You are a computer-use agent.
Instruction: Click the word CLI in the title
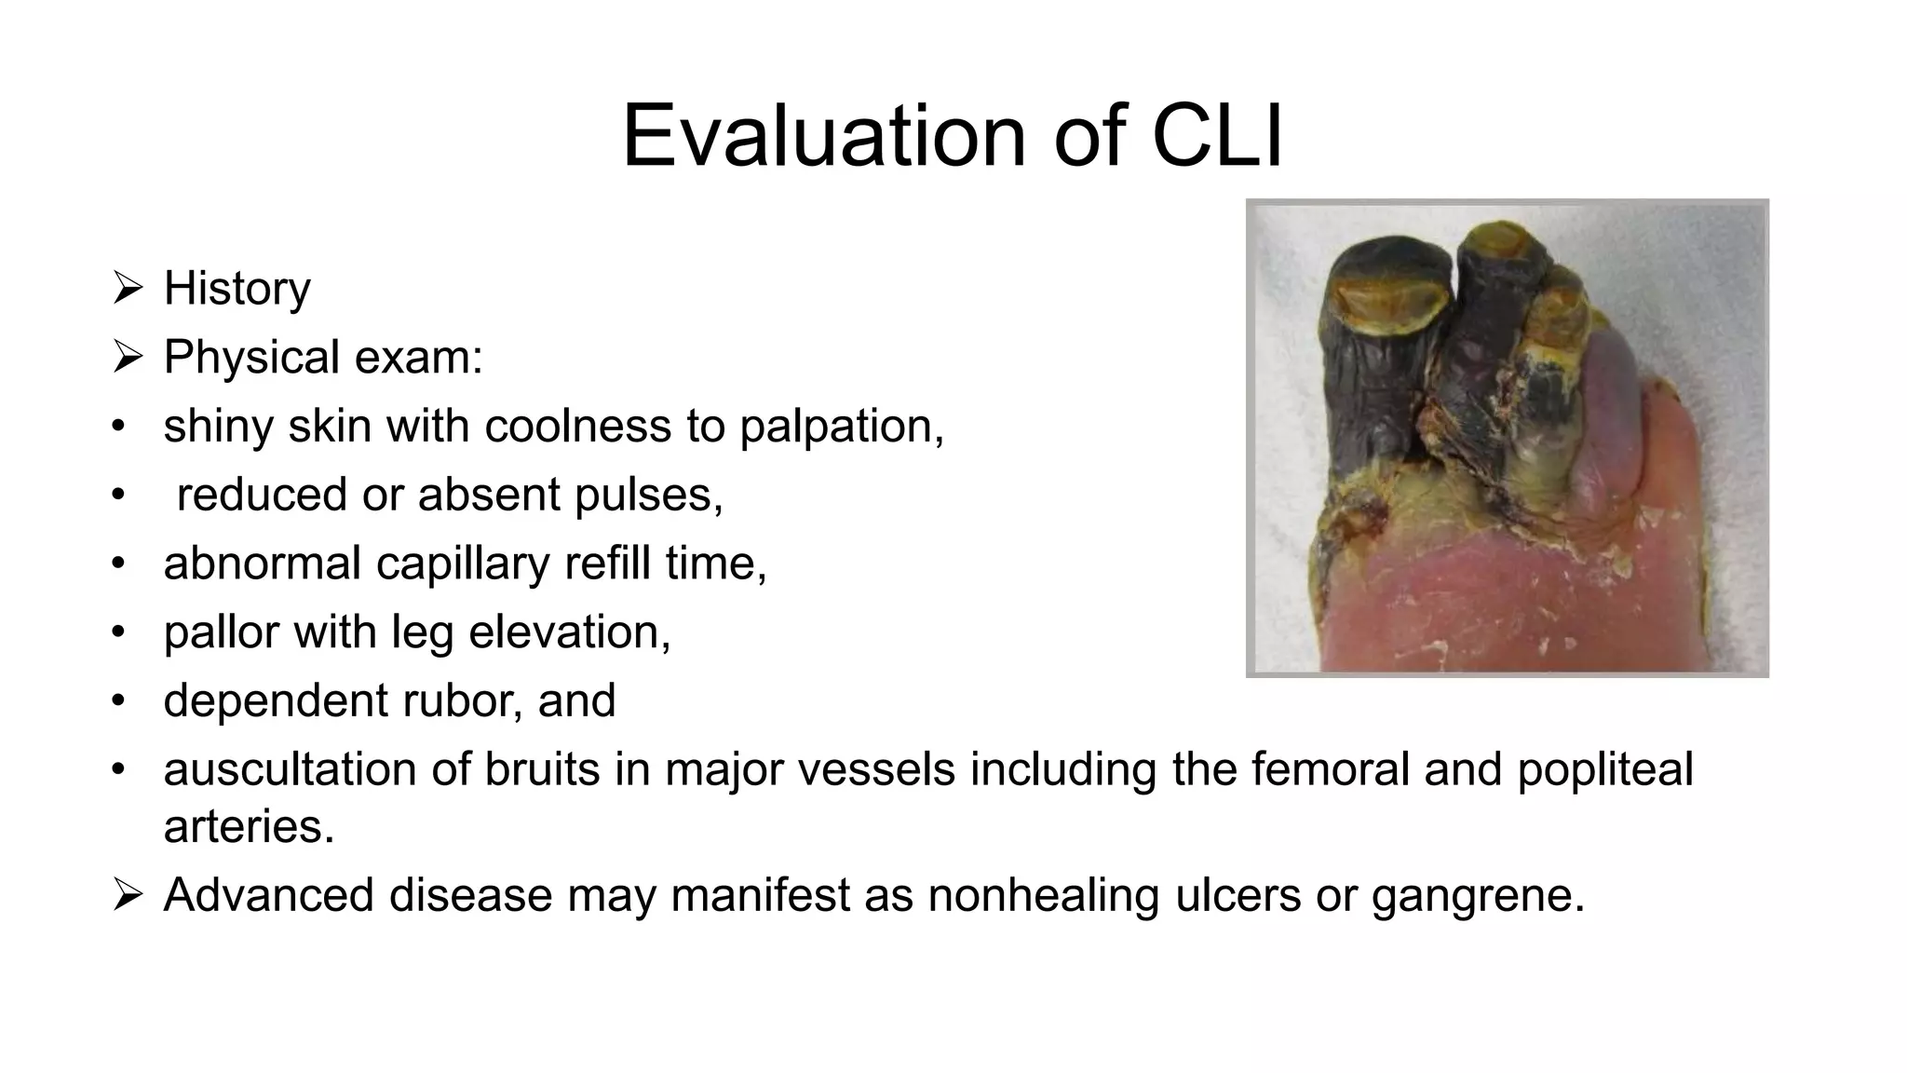click(1217, 136)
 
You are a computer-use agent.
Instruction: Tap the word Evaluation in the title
click(823, 136)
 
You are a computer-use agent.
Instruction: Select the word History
click(237, 288)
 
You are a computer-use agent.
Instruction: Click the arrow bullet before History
click(127, 287)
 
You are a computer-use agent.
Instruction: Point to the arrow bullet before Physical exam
click(127, 356)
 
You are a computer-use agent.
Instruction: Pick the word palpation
click(841, 427)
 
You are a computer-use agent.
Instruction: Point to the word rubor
click(473, 700)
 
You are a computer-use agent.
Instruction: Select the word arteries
click(248, 826)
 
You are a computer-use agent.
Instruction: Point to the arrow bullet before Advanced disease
click(127, 894)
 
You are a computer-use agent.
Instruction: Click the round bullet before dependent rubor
click(117, 700)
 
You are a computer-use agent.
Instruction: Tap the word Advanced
click(269, 895)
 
